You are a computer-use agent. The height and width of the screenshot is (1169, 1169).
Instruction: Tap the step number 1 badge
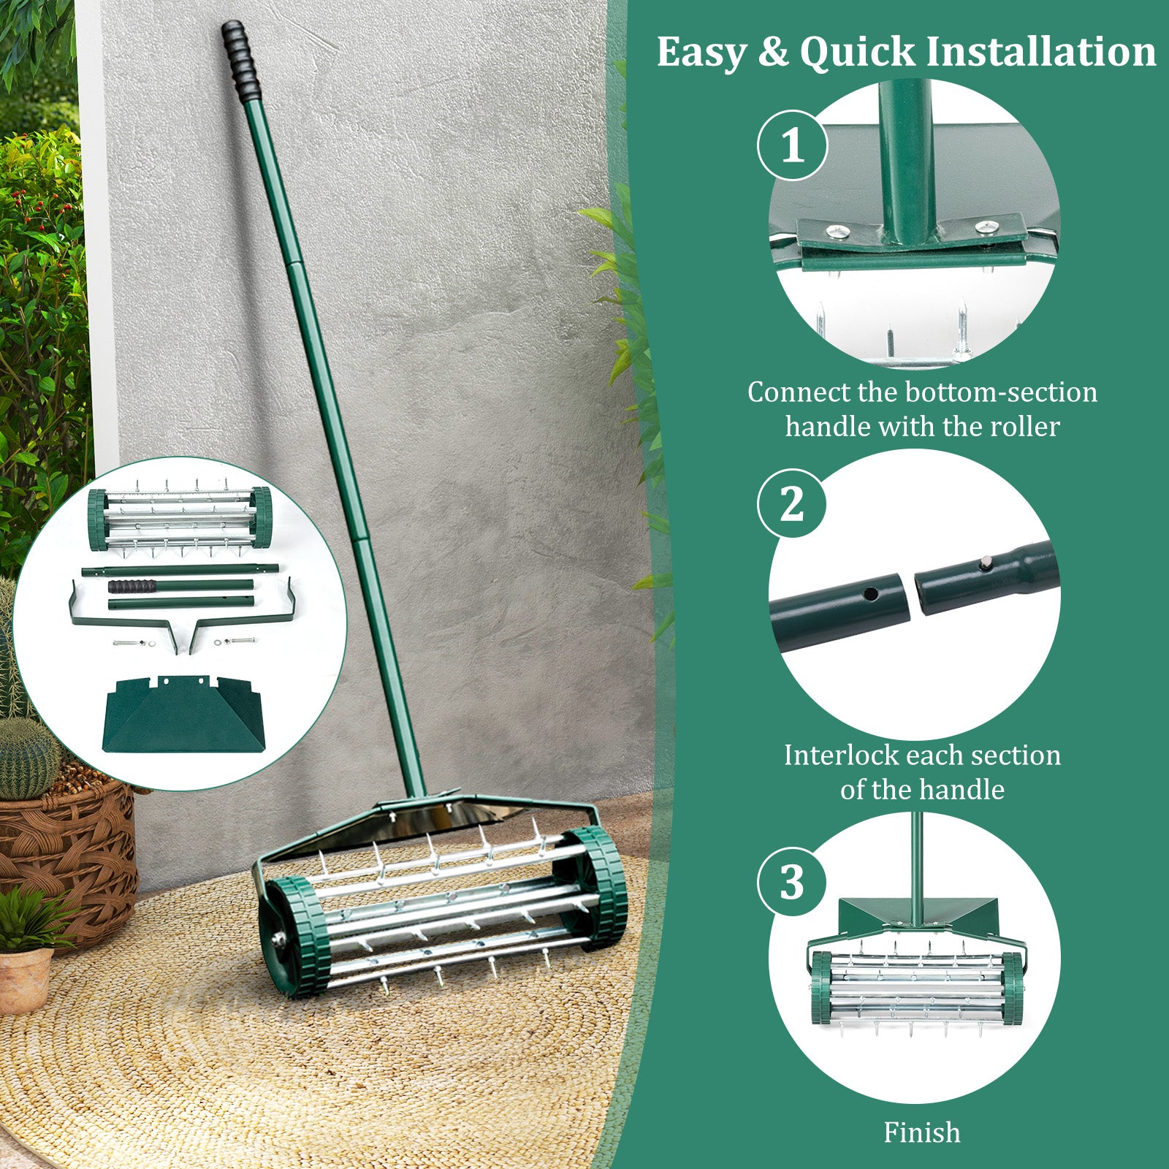pyautogui.click(x=792, y=145)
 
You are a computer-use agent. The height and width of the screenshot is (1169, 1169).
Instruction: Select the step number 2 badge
pyautogui.click(x=792, y=503)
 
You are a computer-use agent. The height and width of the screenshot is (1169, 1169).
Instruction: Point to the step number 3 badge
pyautogui.click(x=792, y=882)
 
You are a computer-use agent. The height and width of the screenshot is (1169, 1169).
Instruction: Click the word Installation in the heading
pyautogui.click(x=1041, y=53)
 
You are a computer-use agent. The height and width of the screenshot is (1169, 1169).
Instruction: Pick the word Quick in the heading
pyautogui.click(x=857, y=53)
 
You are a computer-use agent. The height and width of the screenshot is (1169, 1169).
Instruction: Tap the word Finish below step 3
pyautogui.click(x=922, y=1132)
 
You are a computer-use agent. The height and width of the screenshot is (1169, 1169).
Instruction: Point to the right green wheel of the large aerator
pyautogui.click(x=599, y=888)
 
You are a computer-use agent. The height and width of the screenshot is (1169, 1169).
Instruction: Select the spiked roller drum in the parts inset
pyautogui.click(x=180, y=519)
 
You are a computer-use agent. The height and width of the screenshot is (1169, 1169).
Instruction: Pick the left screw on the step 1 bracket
pyautogui.click(x=837, y=232)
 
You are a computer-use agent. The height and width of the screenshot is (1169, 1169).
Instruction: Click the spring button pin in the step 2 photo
pyautogui.click(x=986, y=561)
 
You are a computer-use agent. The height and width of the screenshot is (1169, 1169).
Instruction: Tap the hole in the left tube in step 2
pyautogui.click(x=870, y=593)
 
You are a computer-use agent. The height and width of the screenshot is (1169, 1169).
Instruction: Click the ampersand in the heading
pyautogui.click(x=772, y=53)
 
